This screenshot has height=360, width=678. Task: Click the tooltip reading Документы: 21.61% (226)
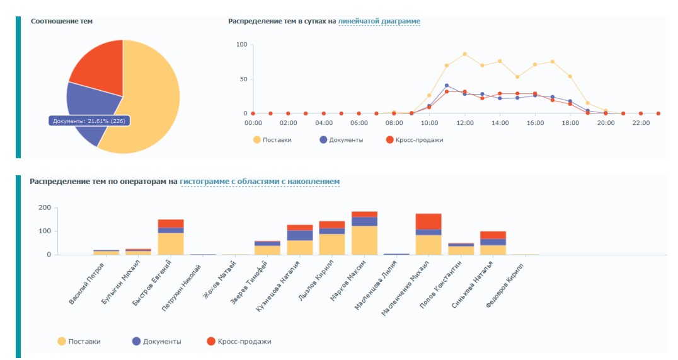tap(89, 120)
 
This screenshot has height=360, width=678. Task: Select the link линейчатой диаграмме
tap(379, 21)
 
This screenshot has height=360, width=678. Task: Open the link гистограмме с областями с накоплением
tap(260, 182)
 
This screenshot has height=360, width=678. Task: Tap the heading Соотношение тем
tap(62, 21)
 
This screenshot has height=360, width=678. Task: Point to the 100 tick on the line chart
tap(241, 45)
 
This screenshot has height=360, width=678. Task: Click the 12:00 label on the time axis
tap(464, 124)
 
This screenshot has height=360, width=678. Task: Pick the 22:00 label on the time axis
tap(641, 124)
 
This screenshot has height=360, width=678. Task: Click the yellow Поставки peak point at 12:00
tap(464, 54)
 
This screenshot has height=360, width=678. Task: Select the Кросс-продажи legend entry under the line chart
tap(414, 140)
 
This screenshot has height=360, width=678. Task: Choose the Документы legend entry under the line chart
tap(342, 140)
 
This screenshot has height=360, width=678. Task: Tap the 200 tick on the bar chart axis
tap(44, 207)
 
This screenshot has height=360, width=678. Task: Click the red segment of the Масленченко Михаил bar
tap(428, 221)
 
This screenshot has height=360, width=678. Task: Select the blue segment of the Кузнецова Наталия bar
tap(300, 235)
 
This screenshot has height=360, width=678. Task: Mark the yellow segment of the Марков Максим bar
tap(364, 240)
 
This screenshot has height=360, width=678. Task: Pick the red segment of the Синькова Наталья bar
tap(493, 235)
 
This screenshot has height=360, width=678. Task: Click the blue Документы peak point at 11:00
tap(447, 86)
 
